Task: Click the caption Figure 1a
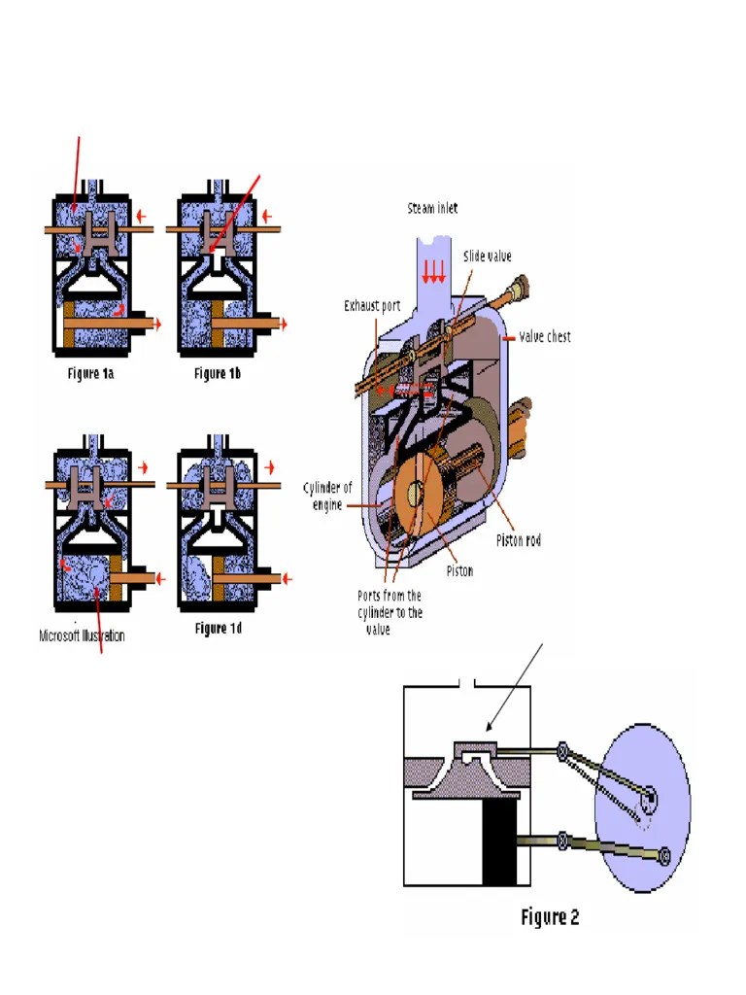point(97,373)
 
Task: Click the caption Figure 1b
point(218,373)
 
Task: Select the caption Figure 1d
point(218,629)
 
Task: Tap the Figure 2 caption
point(550,916)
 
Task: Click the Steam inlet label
point(432,208)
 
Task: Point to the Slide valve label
point(488,257)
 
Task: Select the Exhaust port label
point(372,305)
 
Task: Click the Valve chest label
point(545,336)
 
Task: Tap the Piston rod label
point(519,540)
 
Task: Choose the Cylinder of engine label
point(327,497)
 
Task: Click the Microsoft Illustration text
point(82,636)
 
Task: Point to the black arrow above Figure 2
point(513,685)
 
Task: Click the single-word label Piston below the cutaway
point(459,571)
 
